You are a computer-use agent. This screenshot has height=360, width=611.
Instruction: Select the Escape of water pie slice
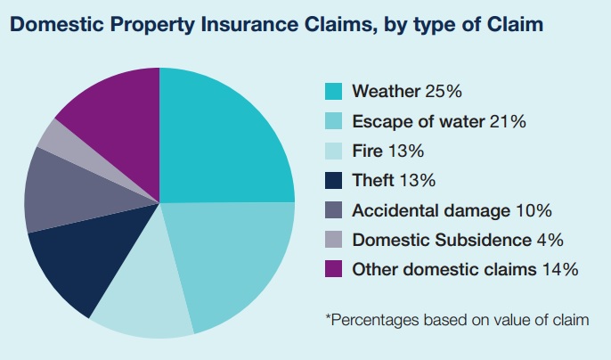236,258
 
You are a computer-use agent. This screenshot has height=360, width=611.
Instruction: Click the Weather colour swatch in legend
333,91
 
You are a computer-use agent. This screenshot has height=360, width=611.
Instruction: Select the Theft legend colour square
333,180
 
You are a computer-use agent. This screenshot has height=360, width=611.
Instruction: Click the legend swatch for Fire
333,151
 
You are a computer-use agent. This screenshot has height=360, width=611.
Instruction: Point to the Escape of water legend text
419,121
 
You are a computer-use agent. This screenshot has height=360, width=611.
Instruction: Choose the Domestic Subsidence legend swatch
333,240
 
